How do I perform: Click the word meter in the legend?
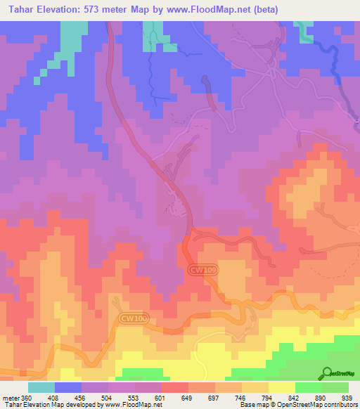point(10,398)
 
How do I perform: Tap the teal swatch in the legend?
point(41,387)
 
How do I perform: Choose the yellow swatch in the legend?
point(281,387)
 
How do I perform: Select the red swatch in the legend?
point(174,387)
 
